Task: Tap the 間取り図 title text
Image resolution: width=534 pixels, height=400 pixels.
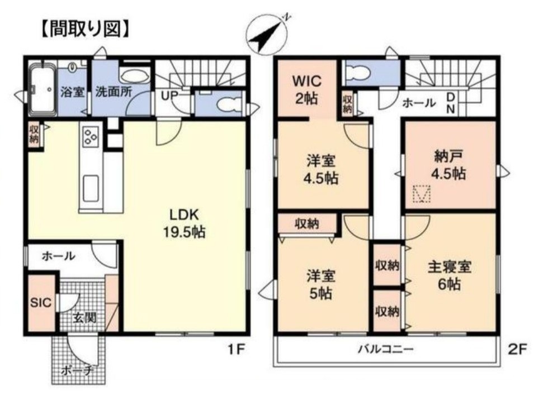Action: tap(84, 28)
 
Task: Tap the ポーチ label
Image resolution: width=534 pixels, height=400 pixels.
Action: tap(76, 370)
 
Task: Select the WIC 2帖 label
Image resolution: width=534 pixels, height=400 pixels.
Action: tap(307, 90)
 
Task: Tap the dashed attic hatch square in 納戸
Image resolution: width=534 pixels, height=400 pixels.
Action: tap(421, 194)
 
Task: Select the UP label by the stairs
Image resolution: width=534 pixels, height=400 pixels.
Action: tap(169, 95)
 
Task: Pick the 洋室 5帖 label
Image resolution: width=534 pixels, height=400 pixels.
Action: tap(320, 284)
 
